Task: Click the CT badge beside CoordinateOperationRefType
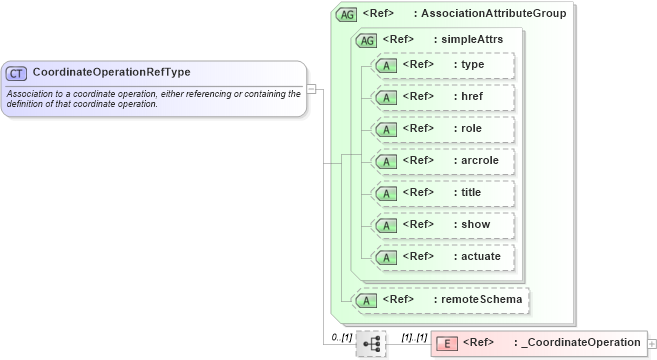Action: (17, 73)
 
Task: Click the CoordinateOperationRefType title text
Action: (111, 73)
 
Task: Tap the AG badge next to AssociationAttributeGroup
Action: (347, 14)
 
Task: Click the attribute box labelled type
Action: (443, 65)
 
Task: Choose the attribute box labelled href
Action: (443, 97)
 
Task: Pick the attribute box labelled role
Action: (443, 129)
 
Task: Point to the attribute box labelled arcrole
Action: (443, 161)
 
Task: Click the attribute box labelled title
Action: (443, 193)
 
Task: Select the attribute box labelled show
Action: (443, 225)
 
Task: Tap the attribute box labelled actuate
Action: (443, 257)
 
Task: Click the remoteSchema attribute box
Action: (440, 299)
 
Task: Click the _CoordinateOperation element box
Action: (539, 343)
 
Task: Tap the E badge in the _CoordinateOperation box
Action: (446, 343)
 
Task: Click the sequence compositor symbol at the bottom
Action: (371, 343)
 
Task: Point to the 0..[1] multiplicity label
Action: (341, 337)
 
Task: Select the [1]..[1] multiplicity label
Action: (414, 337)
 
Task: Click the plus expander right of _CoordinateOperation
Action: (652, 343)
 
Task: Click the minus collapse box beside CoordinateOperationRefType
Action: (312, 88)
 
